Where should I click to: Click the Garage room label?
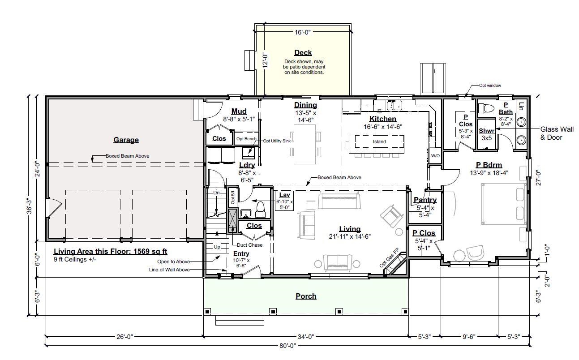[x=126, y=140]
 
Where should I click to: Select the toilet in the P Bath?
[x=485, y=108]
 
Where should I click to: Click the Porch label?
[x=306, y=296]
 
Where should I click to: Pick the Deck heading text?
[x=303, y=53]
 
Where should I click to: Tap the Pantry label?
[x=425, y=200]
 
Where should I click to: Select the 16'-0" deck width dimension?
[x=303, y=32]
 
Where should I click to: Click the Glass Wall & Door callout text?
[x=557, y=133]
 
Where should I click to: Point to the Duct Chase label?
[x=249, y=245]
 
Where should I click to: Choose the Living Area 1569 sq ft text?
[x=111, y=252]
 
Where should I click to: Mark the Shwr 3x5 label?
[x=487, y=134]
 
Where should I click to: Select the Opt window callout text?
[x=490, y=85]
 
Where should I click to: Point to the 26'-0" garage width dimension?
[x=124, y=336]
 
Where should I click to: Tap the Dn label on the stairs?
[x=216, y=193]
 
